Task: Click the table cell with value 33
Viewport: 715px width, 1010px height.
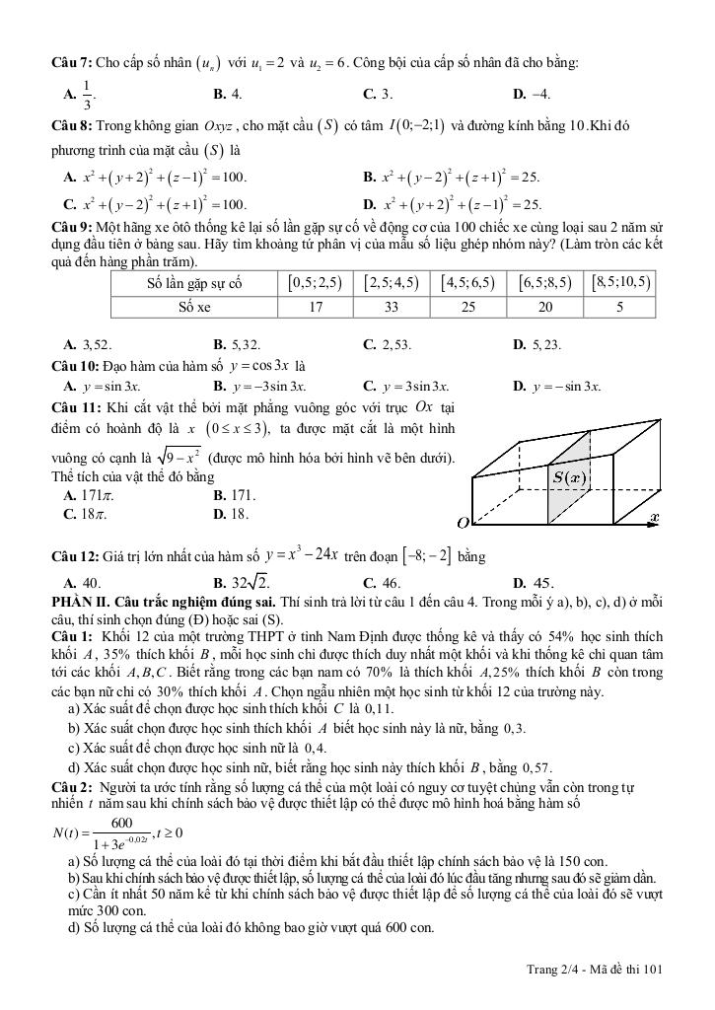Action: coord(392,307)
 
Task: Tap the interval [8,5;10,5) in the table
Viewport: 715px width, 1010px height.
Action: coord(620,283)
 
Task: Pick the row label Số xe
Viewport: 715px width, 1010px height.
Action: coord(194,307)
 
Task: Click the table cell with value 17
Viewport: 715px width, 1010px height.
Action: coord(316,307)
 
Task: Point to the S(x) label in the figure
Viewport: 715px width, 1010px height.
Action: coord(570,478)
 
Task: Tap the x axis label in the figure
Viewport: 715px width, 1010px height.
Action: coord(654,517)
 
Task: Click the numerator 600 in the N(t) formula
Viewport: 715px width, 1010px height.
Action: coord(121,823)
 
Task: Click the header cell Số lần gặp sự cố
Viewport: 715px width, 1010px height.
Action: coord(194,283)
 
